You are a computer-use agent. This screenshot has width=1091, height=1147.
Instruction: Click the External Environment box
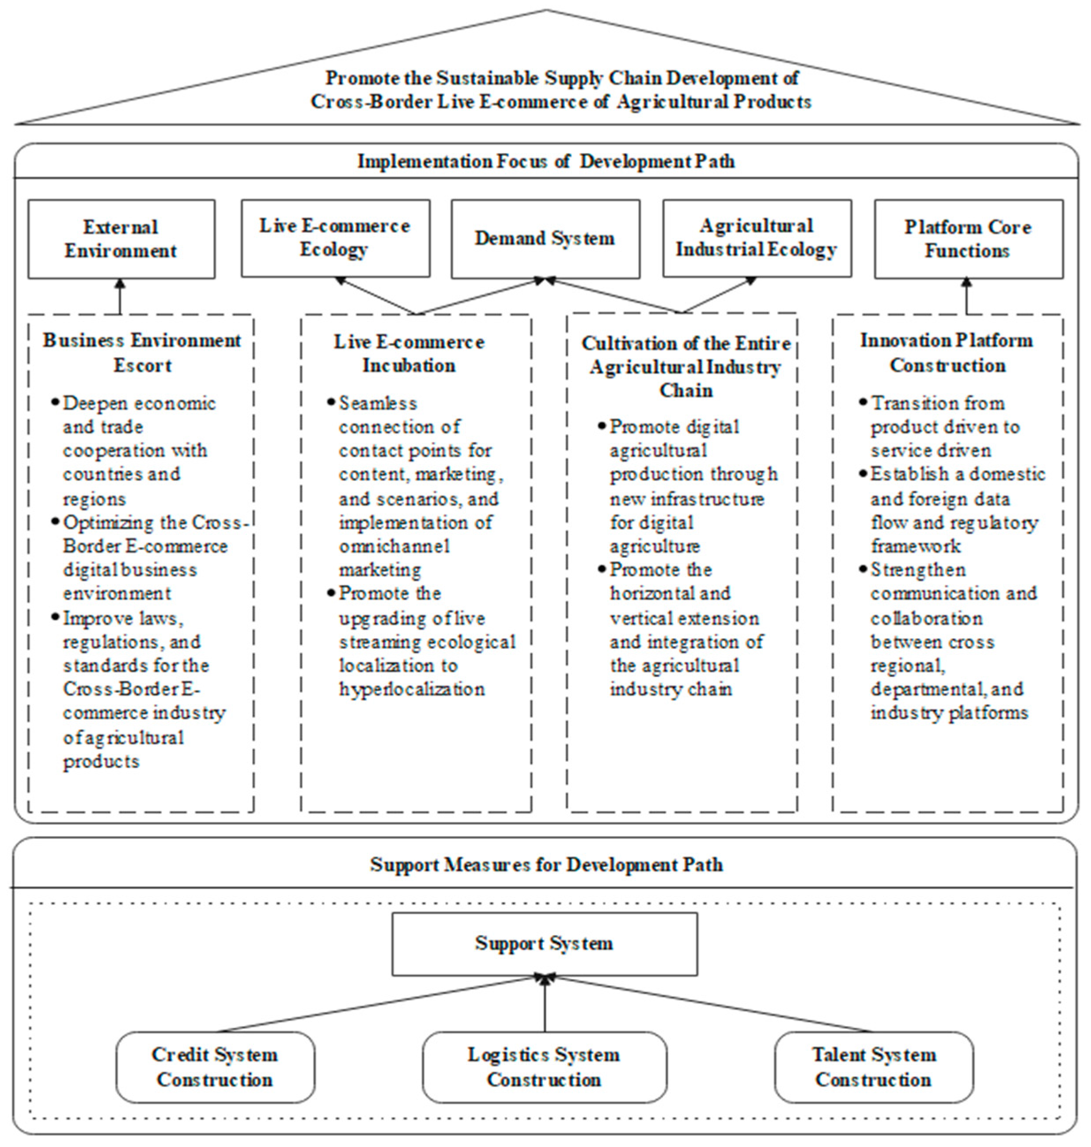tap(121, 239)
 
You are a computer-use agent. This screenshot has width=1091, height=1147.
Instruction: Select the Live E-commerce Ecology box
tap(336, 238)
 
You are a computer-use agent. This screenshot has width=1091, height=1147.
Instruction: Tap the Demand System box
tap(545, 238)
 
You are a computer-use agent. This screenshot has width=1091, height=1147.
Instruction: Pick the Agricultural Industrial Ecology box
tap(757, 238)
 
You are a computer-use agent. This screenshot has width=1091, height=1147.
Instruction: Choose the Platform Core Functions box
tap(968, 239)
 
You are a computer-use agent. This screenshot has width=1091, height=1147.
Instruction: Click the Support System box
tap(544, 943)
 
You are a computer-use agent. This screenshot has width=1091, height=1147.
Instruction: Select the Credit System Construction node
tap(215, 1067)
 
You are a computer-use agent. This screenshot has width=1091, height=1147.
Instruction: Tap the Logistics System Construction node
tap(544, 1067)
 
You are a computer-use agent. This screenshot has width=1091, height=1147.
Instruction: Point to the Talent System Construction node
tap(874, 1067)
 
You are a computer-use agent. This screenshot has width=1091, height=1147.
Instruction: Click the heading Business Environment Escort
tap(142, 352)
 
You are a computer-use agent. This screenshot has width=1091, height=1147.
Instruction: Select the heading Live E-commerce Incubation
tap(409, 353)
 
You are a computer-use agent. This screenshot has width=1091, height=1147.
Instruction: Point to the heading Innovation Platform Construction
tap(947, 352)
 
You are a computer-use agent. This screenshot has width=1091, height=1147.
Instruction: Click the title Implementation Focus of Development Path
tap(545, 161)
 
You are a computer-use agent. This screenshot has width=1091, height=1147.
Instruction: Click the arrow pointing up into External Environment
tap(121, 297)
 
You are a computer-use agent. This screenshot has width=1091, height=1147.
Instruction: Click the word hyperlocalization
tap(412, 690)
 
